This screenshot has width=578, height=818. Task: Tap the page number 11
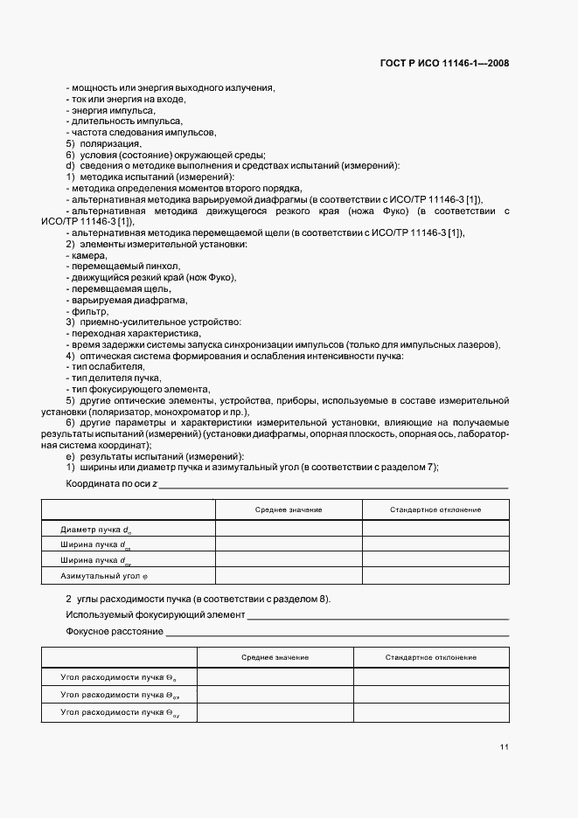point(505,747)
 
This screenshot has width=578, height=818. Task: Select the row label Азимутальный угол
point(99,576)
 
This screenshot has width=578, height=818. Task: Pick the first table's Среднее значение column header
point(289,510)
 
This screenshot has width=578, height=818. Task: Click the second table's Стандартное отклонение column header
point(430,656)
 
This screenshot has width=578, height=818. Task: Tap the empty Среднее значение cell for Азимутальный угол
point(289,576)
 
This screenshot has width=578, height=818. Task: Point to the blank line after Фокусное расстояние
point(337,632)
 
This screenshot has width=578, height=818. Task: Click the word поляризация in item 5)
point(110,143)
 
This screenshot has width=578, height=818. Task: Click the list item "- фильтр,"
point(87,311)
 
